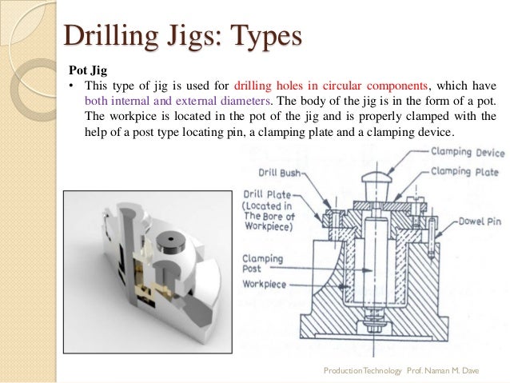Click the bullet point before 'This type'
point(70,86)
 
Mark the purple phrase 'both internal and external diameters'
point(177,102)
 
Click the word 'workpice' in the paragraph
point(133,117)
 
